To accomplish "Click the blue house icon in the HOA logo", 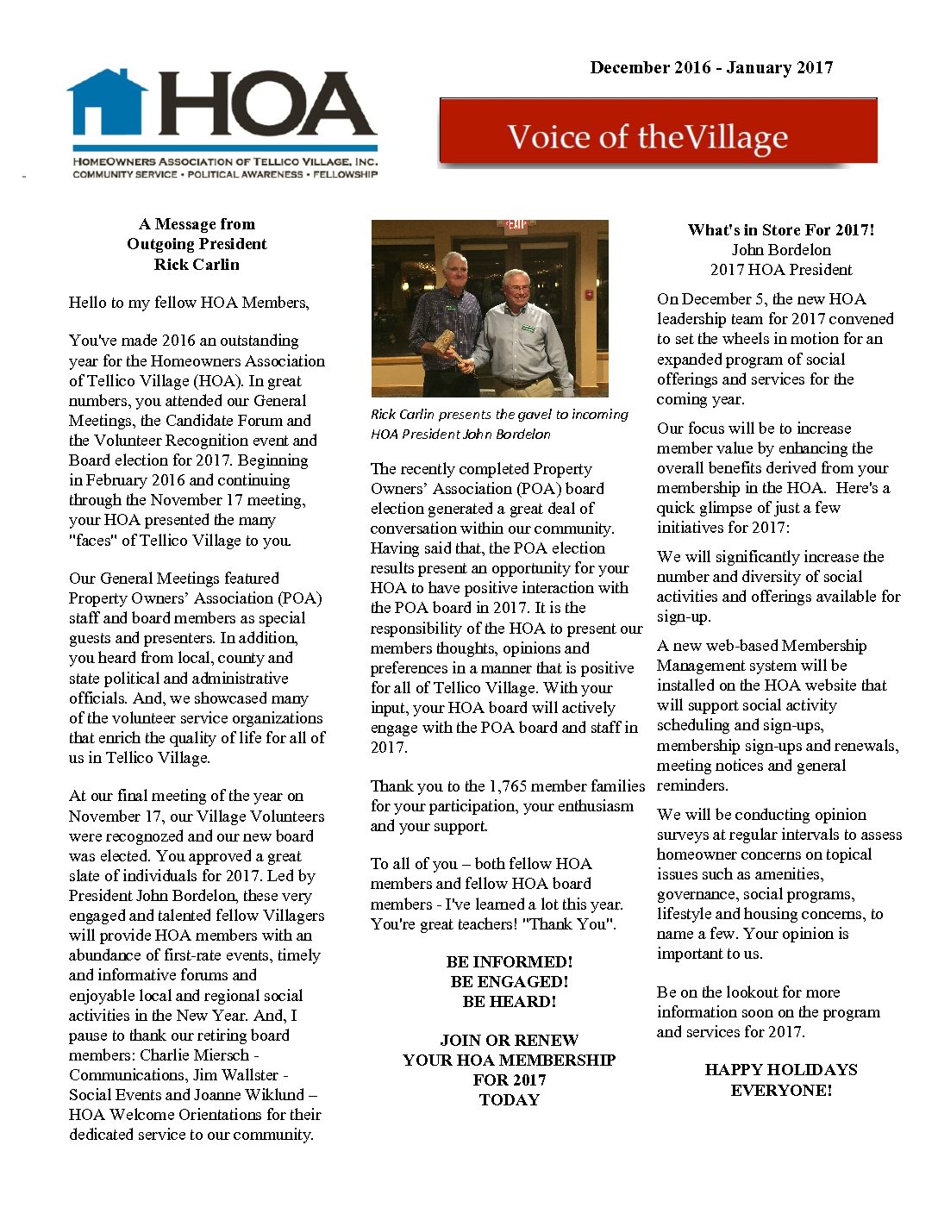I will (x=107, y=103).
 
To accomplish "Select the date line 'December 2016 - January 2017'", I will (x=711, y=68).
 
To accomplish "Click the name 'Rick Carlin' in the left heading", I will (x=197, y=265).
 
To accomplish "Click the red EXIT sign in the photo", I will (x=516, y=225).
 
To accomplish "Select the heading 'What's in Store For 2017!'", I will (x=781, y=230).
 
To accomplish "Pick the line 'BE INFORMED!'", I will (x=509, y=962).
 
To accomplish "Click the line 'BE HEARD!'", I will (x=509, y=1002).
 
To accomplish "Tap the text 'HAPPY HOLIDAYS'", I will (x=781, y=1070).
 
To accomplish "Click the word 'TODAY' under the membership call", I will (x=509, y=1100).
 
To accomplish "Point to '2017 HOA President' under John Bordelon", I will (x=781, y=270).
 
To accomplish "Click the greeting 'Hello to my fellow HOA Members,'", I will (x=189, y=303).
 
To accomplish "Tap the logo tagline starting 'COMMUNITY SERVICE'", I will (x=224, y=175).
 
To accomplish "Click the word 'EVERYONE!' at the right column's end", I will (x=781, y=1091).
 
